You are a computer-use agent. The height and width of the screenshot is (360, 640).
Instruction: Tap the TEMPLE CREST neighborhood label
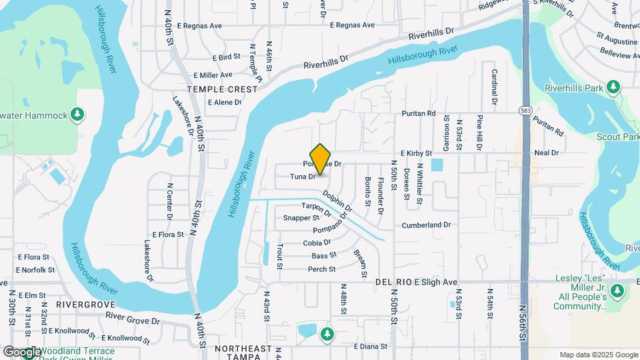222,89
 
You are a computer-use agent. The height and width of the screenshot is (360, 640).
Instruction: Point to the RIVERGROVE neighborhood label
82,303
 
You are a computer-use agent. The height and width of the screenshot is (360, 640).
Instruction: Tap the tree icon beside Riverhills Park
613,87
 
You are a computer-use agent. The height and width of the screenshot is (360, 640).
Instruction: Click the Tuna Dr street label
303,177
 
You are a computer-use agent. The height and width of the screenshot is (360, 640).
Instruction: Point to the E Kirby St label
416,153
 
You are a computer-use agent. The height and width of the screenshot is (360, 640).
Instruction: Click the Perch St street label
321,269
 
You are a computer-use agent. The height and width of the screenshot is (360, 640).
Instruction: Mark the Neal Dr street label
546,153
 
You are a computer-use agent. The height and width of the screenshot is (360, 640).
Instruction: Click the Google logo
23,351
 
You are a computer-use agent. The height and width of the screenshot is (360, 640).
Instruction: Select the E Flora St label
167,235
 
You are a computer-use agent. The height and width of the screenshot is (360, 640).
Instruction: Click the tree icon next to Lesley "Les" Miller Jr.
617,291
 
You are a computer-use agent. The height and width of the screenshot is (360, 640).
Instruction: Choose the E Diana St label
371,347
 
